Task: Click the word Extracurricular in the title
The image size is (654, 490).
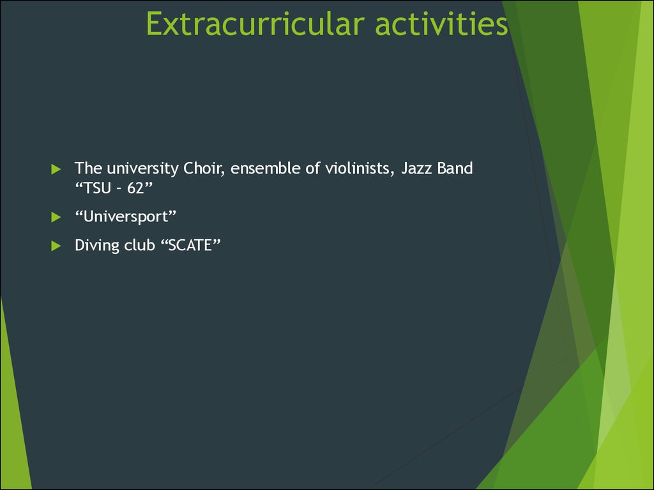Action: (x=255, y=24)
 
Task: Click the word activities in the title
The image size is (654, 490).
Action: (x=441, y=24)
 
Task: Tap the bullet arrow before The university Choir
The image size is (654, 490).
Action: (x=56, y=169)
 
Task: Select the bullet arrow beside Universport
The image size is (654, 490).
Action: (x=56, y=217)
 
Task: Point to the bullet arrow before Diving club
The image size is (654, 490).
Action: (x=56, y=246)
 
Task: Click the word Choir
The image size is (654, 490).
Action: (x=204, y=168)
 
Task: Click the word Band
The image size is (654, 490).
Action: (x=455, y=168)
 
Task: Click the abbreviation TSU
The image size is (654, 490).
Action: (x=97, y=188)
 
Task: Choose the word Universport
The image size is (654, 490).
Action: (x=126, y=217)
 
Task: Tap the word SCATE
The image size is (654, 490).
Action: (x=190, y=245)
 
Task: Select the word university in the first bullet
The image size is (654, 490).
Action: (x=142, y=168)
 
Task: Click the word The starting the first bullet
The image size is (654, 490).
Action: (x=88, y=168)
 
